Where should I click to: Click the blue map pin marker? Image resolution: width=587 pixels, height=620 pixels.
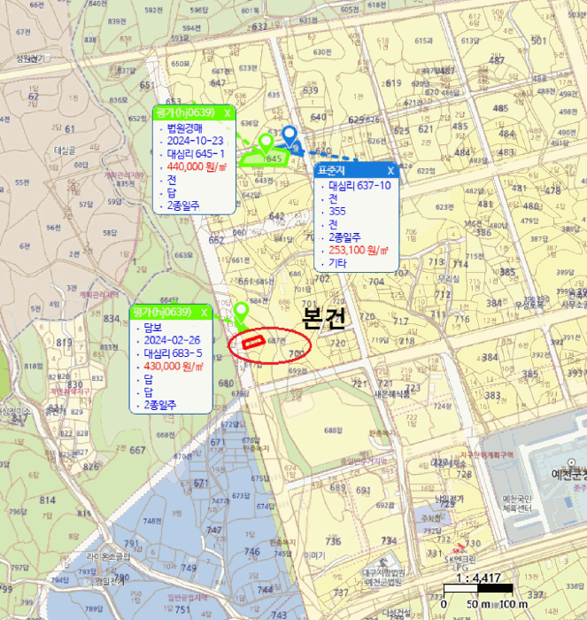(x=289, y=136)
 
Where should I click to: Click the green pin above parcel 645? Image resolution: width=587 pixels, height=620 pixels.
(x=265, y=143)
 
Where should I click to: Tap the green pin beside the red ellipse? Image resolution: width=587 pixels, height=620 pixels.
(x=240, y=311)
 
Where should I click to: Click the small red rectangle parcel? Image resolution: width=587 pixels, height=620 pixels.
(x=254, y=342)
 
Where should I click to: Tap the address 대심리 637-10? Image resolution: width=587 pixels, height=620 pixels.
(x=359, y=186)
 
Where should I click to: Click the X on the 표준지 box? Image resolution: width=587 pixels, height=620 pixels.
(x=390, y=170)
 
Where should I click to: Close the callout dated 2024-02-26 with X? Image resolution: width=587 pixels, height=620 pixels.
(x=204, y=313)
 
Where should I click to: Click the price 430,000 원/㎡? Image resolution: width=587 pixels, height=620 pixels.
(x=174, y=366)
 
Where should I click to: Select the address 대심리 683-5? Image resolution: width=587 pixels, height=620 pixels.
(x=173, y=353)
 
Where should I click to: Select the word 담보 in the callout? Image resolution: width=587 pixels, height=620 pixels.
(x=154, y=327)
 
